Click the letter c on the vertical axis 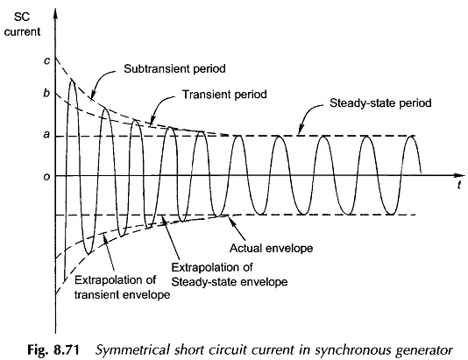coord(46,61)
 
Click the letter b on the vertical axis coord(46,93)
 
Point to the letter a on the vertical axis coord(46,135)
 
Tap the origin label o coord(46,177)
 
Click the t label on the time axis coord(459,185)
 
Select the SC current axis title coord(22,25)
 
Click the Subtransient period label coord(174,69)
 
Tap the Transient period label coord(224,95)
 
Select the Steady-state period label coord(380,103)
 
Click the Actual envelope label coord(272,248)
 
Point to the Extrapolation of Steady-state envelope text coord(230,274)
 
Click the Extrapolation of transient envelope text coord(122,287)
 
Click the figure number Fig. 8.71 coord(53,349)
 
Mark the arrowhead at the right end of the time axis coord(461,175)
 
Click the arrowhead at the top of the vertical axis coord(55,13)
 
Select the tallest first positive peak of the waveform coord(72,80)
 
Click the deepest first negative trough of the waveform coord(89,253)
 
